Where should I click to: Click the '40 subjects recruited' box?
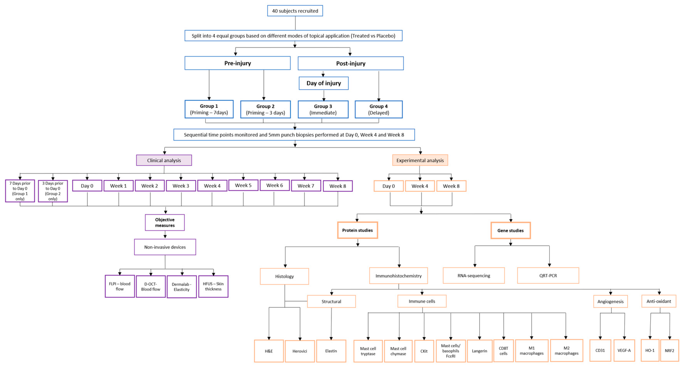(295, 11)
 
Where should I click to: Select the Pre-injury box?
(237, 63)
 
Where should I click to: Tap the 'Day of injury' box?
(323, 83)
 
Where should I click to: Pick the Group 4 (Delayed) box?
(378, 109)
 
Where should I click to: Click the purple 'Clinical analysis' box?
(164, 160)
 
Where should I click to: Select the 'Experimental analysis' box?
(420, 160)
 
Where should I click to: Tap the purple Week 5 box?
(243, 185)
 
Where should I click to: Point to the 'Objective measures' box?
(165, 222)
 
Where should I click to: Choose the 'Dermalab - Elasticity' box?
(182, 287)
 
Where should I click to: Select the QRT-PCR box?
(548, 276)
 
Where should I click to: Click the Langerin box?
(479, 351)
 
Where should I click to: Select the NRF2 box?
(669, 351)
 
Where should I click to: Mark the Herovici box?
(300, 351)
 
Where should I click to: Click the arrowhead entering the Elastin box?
(331, 338)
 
